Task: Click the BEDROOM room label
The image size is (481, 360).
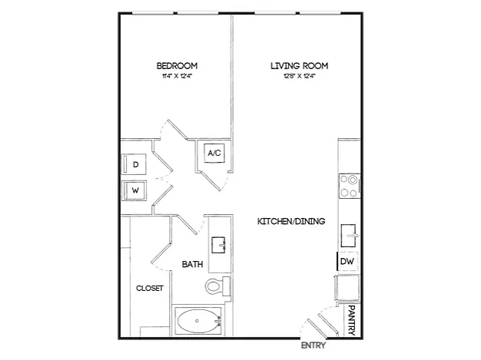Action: tap(177, 66)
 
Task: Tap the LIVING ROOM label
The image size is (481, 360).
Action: tap(300, 66)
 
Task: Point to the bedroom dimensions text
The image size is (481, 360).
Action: tap(177, 76)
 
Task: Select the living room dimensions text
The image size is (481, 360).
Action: tap(300, 76)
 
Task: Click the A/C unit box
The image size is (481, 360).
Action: tap(214, 153)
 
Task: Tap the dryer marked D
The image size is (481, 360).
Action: tap(134, 164)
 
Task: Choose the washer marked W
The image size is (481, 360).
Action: tap(134, 190)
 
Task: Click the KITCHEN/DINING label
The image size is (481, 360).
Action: tap(291, 221)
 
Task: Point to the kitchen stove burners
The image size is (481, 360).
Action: tap(350, 186)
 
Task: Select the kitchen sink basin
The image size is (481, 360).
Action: tap(349, 236)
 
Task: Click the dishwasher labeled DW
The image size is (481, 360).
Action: tap(347, 261)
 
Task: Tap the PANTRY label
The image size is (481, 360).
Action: tap(352, 320)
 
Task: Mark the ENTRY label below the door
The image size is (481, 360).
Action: tap(313, 345)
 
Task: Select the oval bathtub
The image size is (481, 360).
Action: tap(197, 321)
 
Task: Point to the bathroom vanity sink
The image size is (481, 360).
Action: tap(218, 245)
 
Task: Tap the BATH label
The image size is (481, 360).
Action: tap(192, 264)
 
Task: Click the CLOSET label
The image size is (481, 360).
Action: tap(150, 289)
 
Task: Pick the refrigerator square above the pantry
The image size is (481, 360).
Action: tap(347, 288)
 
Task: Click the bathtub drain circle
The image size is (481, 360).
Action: tap(197, 321)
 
